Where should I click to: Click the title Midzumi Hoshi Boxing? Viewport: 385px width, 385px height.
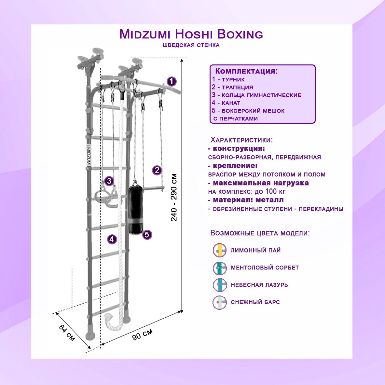pos(191,34)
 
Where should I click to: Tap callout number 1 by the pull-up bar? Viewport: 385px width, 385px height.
pos(172,81)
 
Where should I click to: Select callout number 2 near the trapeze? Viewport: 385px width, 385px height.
pos(157,170)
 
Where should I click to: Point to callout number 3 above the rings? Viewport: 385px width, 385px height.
pos(109,181)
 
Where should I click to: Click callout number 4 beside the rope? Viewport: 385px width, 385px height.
pos(112,239)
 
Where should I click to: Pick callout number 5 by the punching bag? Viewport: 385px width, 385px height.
pos(147,234)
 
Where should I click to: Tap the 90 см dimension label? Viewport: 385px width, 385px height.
pos(142,334)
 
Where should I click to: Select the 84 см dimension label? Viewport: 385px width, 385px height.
pos(67,333)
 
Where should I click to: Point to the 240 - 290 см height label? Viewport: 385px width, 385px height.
pos(174,197)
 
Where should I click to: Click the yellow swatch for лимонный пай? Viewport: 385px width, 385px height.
pos(220,250)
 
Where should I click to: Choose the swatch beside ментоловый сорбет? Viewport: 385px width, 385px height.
pos(220,268)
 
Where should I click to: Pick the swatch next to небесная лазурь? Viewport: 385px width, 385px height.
pos(220,285)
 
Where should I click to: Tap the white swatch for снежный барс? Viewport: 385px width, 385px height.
pos(220,302)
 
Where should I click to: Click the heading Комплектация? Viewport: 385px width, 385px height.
pos(247,71)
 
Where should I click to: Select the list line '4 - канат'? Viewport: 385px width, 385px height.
pos(226,103)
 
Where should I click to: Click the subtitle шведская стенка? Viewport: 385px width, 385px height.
pos(191,45)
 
